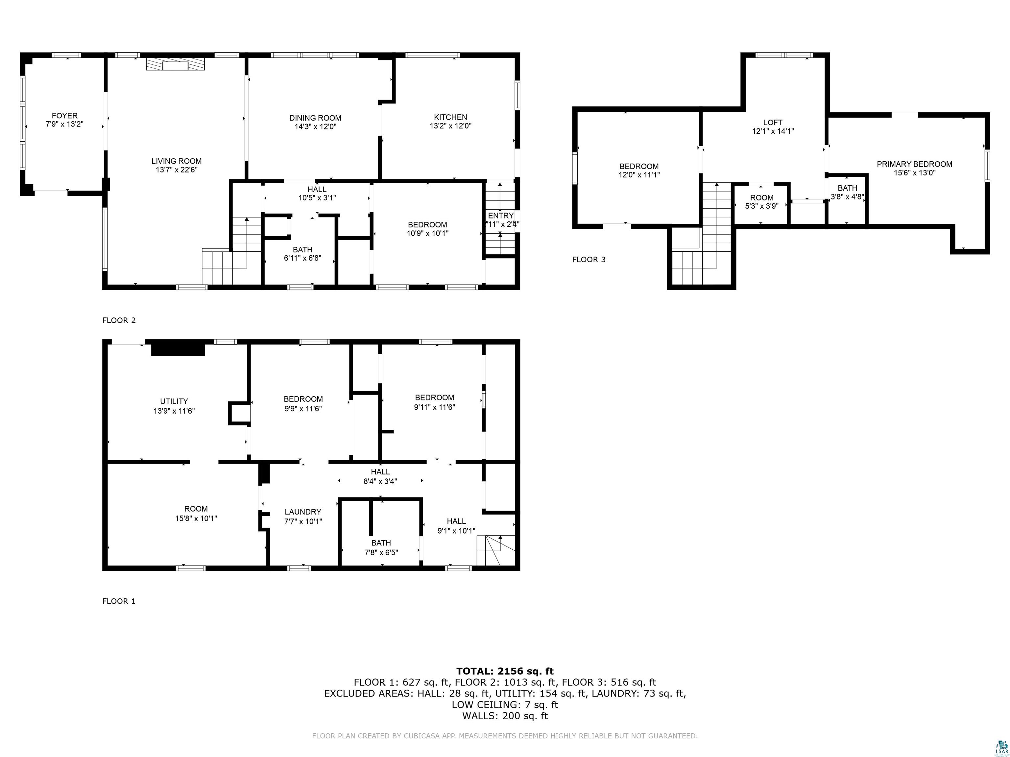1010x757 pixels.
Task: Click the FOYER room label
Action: click(64, 116)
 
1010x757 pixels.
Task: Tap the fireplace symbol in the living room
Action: click(175, 64)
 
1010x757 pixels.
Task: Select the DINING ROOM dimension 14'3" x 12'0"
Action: click(315, 126)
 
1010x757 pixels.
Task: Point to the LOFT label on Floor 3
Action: click(773, 122)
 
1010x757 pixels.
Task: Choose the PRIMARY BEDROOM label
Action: click(914, 164)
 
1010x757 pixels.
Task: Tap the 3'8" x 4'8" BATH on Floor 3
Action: click(847, 193)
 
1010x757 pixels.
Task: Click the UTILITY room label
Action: click(174, 401)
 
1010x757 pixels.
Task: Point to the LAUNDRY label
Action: click(303, 512)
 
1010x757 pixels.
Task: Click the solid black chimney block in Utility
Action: click(178, 349)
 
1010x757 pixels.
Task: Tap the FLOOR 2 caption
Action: click(119, 320)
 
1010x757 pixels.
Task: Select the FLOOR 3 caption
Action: click(589, 260)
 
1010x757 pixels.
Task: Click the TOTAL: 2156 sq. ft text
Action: click(505, 671)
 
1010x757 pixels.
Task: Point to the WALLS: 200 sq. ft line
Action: click(505, 716)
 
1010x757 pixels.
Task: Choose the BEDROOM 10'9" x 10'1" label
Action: click(427, 229)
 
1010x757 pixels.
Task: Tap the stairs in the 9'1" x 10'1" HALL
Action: click(495, 551)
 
